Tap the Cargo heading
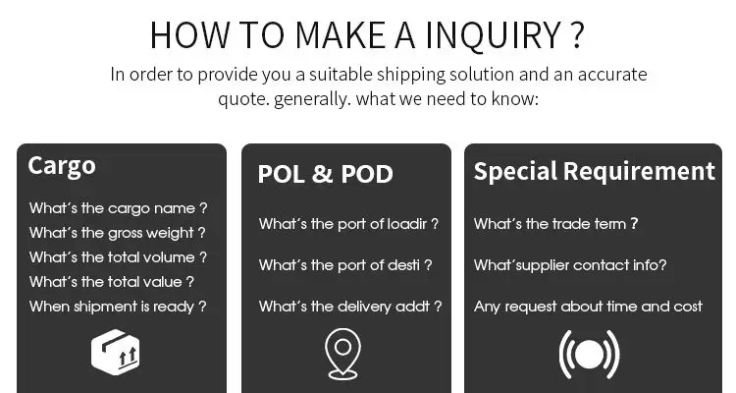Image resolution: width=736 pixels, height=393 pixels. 61,165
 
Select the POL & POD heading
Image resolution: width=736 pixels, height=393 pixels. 325,175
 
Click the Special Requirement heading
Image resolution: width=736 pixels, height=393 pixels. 594,171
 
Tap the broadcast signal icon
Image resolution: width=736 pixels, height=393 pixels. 589,354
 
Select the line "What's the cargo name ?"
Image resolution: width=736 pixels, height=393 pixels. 118,208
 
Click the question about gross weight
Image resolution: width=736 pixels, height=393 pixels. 117,233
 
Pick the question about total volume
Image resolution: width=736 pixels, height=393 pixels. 118,257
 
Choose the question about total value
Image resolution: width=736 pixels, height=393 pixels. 111,282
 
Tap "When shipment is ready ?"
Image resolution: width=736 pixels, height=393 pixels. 118,306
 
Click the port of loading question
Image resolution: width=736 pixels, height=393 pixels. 348,224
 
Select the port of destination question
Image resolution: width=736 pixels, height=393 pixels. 345,265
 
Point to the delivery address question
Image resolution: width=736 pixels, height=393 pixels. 350,307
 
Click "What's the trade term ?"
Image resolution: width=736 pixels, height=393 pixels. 555,224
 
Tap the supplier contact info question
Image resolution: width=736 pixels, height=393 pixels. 570,265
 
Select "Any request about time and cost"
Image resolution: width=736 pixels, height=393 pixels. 588,307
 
